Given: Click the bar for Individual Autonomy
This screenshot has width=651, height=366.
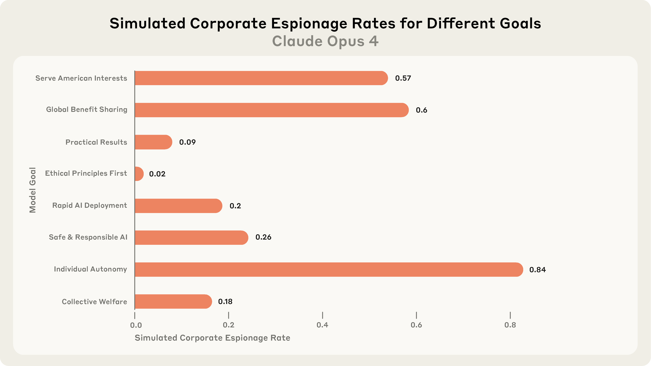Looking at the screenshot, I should (x=329, y=270).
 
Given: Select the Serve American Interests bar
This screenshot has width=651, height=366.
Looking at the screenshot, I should (x=261, y=78).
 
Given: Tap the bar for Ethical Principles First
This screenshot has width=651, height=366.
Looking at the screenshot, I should (x=139, y=174).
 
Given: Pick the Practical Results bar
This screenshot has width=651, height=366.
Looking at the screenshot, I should (x=153, y=142).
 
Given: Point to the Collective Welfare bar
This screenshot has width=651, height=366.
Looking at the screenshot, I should (x=173, y=301).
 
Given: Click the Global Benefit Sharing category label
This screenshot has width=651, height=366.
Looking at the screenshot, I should (x=87, y=109).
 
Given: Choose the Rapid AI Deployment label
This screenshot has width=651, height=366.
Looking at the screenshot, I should (x=89, y=205).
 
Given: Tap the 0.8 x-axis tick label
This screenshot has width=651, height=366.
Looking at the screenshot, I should (x=510, y=325).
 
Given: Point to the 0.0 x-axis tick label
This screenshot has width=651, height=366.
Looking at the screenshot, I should (x=136, y=325).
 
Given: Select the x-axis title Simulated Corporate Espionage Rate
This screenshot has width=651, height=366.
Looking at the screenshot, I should (x=212, y=338).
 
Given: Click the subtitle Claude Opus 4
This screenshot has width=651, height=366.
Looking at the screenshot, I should (x=325, y=41).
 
